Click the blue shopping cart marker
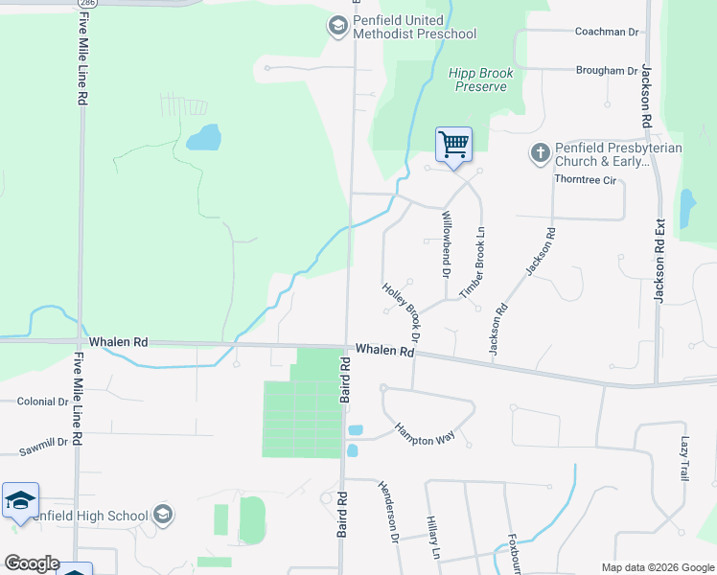tap(453, 146)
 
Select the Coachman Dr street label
tap(606, 32)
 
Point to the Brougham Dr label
tap(606, 71)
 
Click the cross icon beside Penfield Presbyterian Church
tap(539, 152)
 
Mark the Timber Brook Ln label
tap(474, 268)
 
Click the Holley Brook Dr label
tap(402, 311)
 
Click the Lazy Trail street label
tap(685, 459)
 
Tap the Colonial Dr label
tap(42, 402)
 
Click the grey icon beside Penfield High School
tap(162, 516)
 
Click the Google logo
tap(32, 563)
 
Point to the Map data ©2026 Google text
tap(657, 567)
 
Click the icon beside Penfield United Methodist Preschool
tap(337, 27)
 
